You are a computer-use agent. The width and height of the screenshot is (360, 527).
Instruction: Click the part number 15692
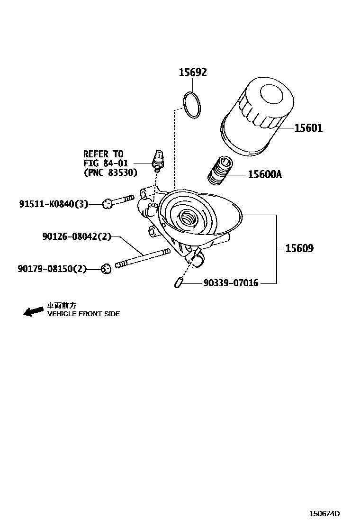click(192, 73)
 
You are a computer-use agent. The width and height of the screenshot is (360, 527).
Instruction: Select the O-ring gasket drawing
click(192, 105)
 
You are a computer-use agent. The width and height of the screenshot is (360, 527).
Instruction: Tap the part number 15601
click(308, 128)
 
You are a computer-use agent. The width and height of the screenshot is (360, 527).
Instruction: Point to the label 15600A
click(264, 175)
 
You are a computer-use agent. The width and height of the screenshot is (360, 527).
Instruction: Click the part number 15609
click(299, 248)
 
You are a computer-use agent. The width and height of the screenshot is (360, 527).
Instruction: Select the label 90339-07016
click(231, 283)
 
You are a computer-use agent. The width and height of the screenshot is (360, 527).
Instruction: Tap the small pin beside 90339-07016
click(179, 283)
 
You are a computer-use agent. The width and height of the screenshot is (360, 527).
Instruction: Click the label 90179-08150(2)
click(52, 269)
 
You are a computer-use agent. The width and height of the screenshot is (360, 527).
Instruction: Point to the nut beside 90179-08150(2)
click(106, 269)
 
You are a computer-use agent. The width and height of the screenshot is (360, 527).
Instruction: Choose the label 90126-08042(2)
click(76, 236)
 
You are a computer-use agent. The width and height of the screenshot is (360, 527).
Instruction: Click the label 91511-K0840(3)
click(54, 204)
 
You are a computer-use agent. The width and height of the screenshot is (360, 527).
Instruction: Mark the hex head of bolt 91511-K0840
click(107, 203)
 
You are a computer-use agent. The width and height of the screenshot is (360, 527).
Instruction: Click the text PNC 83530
click(110, 173)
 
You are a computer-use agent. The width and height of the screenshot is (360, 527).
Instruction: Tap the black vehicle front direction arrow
click(33, 311)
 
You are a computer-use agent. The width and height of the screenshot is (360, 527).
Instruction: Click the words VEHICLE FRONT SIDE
click(83, 314)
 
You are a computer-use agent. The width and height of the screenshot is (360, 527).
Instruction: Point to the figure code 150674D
click(325, 514)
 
